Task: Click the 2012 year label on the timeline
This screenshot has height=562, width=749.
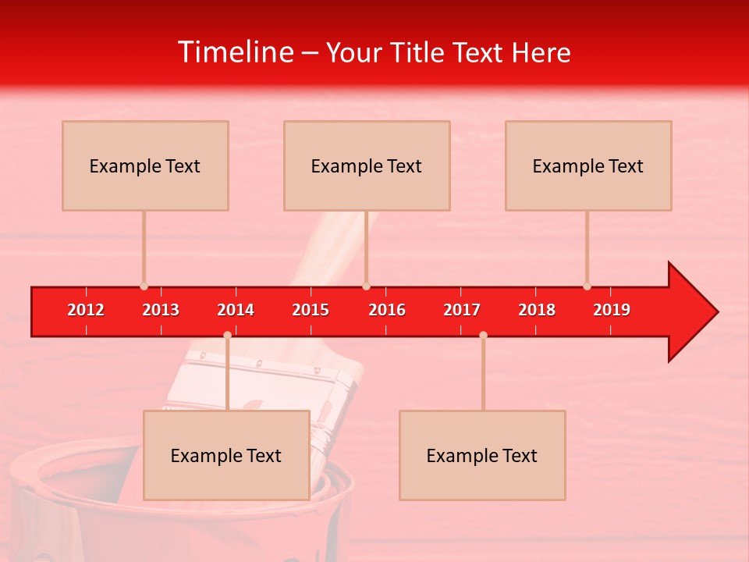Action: tap(86, 310)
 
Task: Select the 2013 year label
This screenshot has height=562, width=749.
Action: tap(161, 310)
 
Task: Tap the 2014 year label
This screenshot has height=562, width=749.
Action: tap(236, 310)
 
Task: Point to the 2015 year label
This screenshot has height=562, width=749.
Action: tap(311, 310)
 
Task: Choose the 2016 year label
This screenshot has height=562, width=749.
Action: tap(387, 310)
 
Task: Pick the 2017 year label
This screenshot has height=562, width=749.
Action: tap(462, 310)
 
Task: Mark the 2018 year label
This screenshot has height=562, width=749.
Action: tap(537, 310)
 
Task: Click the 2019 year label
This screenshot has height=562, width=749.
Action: tap(612, 310)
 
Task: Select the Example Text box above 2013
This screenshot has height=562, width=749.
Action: tap(145, 165)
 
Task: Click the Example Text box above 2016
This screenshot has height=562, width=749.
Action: tap(367, 165)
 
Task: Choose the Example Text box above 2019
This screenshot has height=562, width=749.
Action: tap(588, 165)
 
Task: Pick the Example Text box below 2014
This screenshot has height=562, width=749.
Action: tap(226, 455)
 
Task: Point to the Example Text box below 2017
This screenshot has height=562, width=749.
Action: tap(482, 455)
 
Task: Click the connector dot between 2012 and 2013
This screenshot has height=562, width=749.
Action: tap(144, 286)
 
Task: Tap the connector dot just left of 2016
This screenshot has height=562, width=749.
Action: tap(366, 286)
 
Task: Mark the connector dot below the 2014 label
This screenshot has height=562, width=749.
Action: tap(227, 335)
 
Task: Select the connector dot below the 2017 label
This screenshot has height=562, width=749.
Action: tap(483, 335)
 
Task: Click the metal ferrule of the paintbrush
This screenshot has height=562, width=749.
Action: tap(328, 390)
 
